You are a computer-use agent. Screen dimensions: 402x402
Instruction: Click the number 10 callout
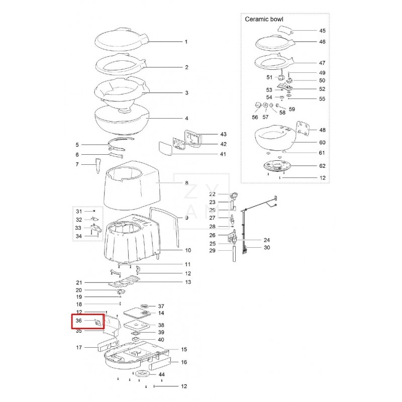(174, 250)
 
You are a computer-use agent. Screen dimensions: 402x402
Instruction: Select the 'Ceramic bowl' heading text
(264, 19)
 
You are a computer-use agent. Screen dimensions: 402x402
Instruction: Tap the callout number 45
(322, 31)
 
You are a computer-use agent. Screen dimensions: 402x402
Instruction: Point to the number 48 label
(322, 130)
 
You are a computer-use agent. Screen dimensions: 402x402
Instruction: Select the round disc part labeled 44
(141, 374)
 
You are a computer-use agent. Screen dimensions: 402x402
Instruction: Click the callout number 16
(184, 362)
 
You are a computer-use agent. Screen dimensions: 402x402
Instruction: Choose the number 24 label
(267, 240)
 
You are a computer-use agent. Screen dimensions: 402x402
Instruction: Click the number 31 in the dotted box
(78, 211)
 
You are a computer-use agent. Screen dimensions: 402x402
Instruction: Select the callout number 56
(255, 117)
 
